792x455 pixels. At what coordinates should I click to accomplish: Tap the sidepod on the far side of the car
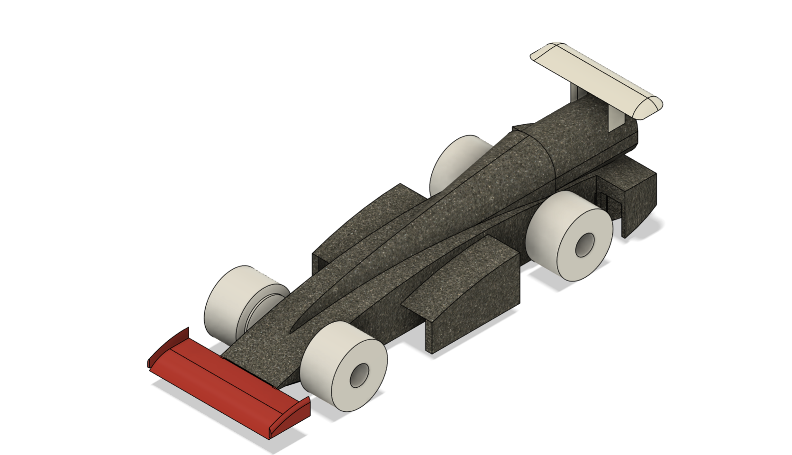pos(360,223)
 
